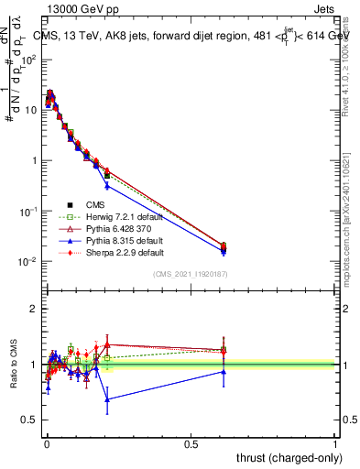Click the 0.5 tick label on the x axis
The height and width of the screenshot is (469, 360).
191,444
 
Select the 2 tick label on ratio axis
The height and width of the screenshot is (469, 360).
34,309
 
